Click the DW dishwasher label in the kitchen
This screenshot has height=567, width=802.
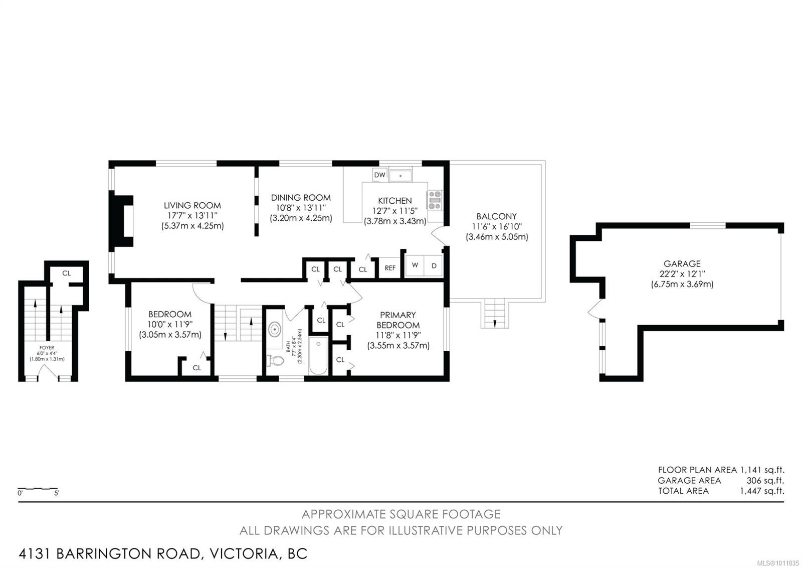pos(379,175)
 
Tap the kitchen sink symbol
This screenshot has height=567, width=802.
pos(400,176)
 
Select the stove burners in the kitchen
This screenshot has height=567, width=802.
pos(435,200)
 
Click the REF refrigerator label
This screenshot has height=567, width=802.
pos(390,268)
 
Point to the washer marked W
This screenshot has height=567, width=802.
pos(415,265)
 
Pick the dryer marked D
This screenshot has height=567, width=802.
pos(434,265)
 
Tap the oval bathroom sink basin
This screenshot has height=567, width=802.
pos(275,329)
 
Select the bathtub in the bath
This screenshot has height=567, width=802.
pos(318,356)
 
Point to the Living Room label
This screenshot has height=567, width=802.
pos(192,205)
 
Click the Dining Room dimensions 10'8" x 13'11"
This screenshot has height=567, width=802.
pos(301,208)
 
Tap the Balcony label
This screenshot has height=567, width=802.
pos(497,216)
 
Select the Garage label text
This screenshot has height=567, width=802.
pos(682,263)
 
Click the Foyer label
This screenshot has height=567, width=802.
pos(47,348)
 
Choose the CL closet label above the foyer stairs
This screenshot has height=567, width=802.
pos(67,273)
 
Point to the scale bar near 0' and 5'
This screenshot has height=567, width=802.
pos(38,489)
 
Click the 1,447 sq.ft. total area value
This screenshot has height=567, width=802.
pos(762,491)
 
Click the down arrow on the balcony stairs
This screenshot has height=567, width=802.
pos(495,323)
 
